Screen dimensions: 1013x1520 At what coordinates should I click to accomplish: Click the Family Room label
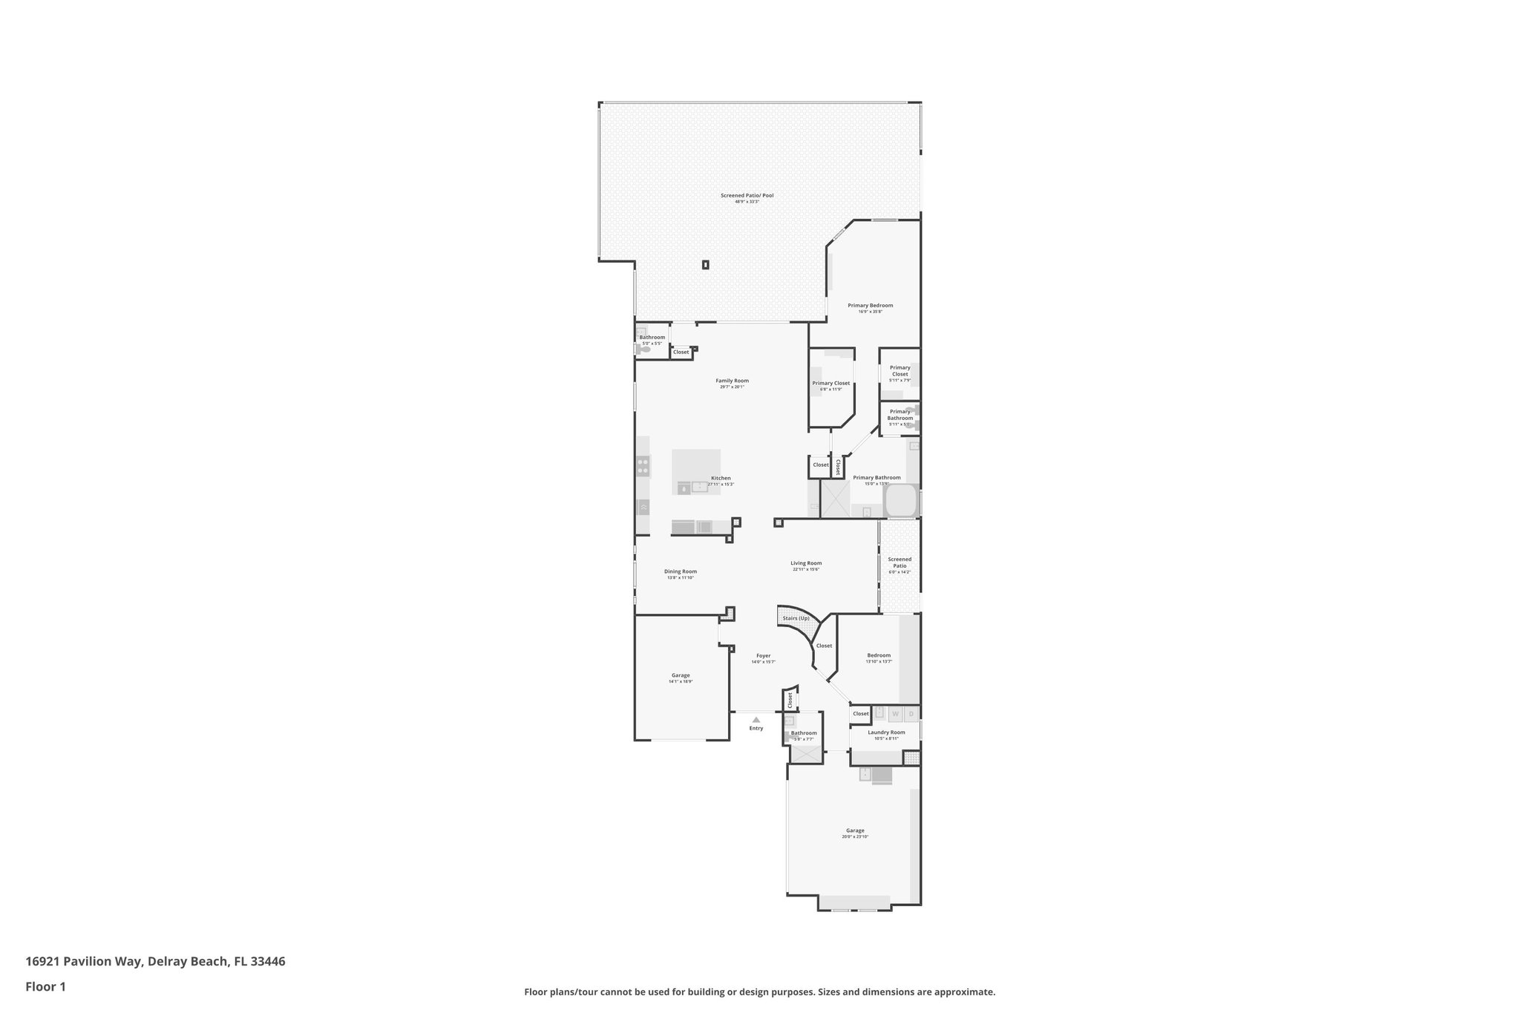[732, 381]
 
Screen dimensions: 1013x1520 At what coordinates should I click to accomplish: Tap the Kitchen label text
[721, 478]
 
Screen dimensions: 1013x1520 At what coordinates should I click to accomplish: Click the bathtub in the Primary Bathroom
[901, 501]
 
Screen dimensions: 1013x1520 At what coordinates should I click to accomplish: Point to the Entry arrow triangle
[756, 719]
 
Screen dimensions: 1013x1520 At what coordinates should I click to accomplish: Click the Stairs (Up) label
[796, 618]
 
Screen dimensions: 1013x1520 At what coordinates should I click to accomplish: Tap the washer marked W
[895, 714]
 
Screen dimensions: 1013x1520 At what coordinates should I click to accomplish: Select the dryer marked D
[911, 714]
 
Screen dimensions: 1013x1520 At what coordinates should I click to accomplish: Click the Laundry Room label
[886, 732]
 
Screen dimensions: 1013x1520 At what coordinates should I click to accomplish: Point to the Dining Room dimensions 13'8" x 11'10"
[680, 577]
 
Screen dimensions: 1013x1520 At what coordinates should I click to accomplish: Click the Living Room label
[806, 563]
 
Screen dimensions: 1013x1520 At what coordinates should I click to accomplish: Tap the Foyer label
[763, 655]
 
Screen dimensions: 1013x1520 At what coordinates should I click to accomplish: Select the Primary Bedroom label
[870, 305]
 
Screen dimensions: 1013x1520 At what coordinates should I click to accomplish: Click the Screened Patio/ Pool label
[747, 195]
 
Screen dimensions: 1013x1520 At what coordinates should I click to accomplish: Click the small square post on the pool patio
[705, 264]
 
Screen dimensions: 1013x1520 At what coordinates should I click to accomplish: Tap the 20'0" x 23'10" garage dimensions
[855, 836]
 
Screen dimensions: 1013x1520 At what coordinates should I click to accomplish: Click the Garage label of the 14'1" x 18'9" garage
[680, 675]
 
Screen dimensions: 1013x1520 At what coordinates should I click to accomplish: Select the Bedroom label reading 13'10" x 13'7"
[879, 655]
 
